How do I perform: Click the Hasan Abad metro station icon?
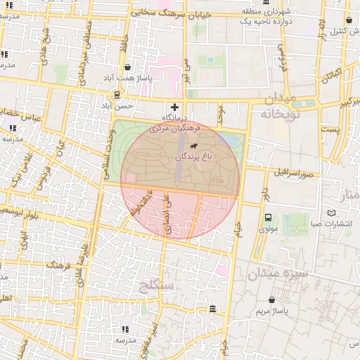117,94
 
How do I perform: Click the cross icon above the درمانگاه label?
175,106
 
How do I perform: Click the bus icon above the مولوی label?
268,218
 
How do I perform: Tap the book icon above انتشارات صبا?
332,213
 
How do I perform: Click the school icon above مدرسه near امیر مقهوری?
126,328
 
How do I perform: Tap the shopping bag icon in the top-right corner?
349,21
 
